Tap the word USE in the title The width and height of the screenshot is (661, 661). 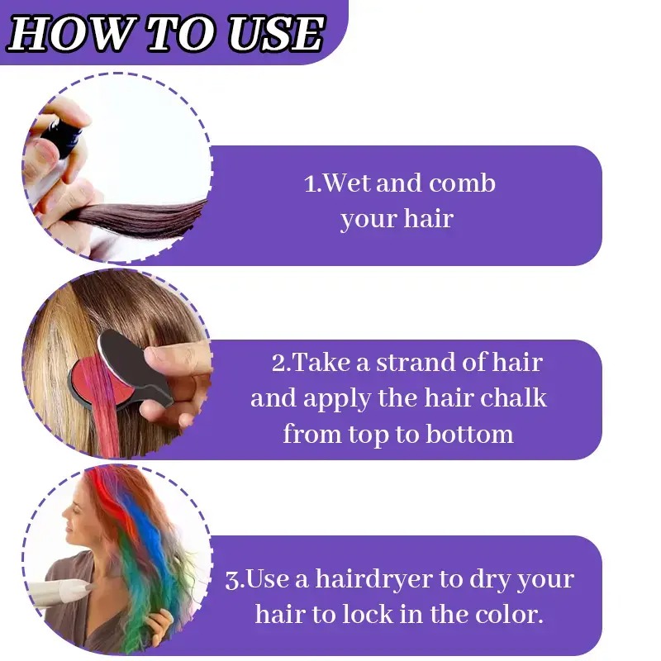(276, 34)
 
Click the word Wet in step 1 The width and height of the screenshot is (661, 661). (347, 183)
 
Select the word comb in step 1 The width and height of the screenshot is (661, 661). (462, 183)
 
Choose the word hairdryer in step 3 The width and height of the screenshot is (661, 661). (374, 578)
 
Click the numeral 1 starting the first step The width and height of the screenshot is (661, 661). (310, 184)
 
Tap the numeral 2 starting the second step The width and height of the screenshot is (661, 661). (278, 363)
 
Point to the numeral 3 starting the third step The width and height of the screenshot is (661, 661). (232, 580)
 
